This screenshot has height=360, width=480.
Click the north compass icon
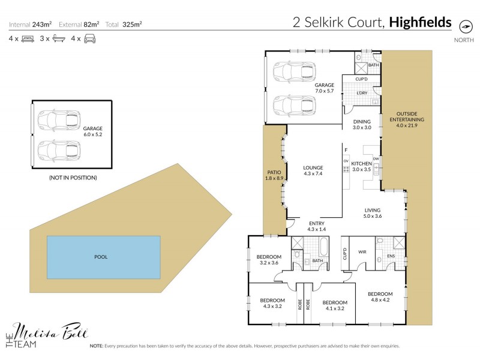pos(464,26)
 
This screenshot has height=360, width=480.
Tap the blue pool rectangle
pos(103,257)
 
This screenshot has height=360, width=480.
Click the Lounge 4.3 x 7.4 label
pos(313,171)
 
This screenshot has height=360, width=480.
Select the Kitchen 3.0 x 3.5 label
pos(362,167)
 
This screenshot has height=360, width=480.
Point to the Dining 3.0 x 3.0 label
pos(362,124)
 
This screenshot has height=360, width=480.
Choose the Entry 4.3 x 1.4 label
pos(316,226)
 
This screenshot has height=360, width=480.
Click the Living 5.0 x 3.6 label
pos(373,213)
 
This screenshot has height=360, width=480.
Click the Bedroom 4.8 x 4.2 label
pos(380,297)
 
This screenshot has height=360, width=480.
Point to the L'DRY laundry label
pos(361,93)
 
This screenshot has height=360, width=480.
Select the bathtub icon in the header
pos(59,39)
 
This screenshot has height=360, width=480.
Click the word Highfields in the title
pos(420,23)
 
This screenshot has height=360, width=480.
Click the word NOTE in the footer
pos(96,346)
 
